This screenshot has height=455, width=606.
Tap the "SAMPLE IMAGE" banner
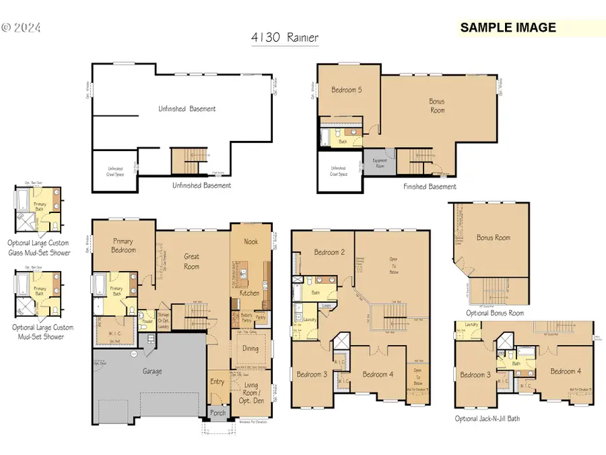508,28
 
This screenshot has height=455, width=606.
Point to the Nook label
250,241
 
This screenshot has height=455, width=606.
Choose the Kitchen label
250,293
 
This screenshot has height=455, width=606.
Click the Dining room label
250,348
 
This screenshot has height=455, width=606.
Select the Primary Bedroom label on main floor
124,246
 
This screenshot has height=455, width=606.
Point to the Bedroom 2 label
329,253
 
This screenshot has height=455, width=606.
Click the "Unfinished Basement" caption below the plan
201,185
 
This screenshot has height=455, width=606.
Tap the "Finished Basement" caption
430,187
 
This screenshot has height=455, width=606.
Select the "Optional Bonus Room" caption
494,313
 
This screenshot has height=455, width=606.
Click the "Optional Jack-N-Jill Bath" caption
487,419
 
